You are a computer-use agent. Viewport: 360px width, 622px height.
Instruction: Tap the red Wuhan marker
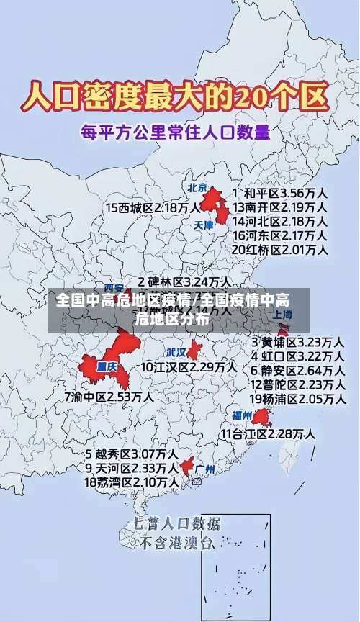click(194, 350)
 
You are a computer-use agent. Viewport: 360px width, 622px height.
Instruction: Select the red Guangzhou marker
click(187, 466)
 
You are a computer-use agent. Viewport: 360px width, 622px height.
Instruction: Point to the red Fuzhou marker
click(261, 417)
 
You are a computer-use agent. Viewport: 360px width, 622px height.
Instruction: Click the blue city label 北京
click(197, 188)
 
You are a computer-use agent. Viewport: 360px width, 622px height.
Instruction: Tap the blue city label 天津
click(204, 225)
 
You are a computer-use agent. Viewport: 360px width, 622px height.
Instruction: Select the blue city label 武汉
click(176, 353)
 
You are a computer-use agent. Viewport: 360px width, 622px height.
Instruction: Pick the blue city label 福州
click(241, 415)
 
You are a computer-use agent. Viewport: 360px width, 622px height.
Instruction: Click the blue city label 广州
click(205, 469)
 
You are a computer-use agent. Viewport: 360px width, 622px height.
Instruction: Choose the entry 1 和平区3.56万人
click(280, 194)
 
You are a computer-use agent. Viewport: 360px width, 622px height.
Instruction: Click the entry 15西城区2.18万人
click(153, 208)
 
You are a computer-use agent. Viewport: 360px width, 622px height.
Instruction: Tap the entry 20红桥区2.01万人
click(280, 250)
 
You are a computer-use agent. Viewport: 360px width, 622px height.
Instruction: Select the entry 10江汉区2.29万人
click(189, 367)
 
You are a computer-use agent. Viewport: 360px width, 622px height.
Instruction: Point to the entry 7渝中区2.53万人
click(109, 397)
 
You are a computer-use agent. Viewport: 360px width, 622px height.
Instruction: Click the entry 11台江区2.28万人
click(268, 433)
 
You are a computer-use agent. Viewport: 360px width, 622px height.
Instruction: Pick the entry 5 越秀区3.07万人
click(132, 454)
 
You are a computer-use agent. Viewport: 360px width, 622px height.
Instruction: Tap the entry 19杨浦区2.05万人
click(297, 398)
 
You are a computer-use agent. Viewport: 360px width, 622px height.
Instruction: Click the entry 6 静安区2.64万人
click(297, 370)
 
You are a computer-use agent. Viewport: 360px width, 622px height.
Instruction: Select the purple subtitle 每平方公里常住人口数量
click(175, 132)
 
